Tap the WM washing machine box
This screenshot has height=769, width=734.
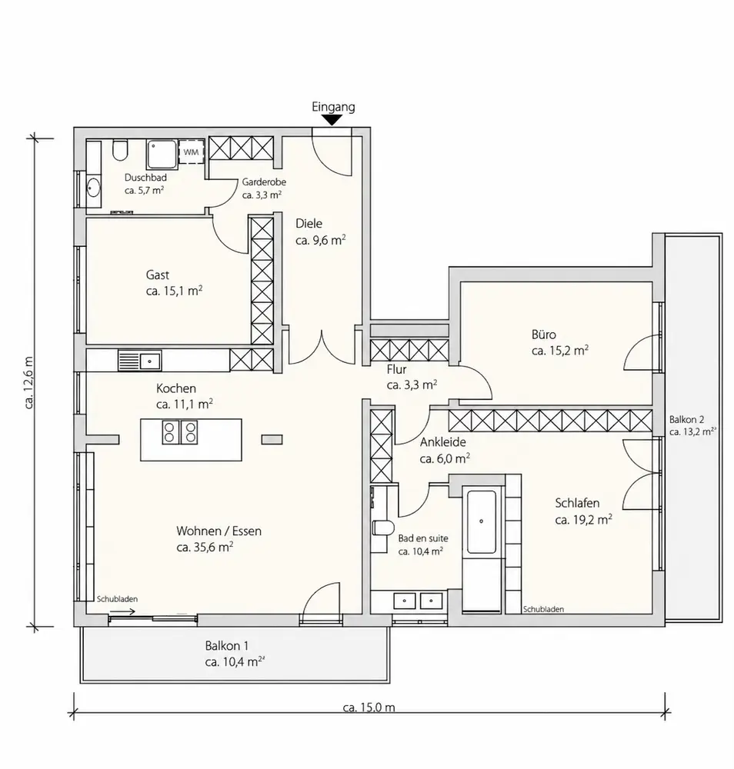191,152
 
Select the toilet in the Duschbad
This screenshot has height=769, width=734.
120,150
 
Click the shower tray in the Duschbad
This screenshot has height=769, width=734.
161,155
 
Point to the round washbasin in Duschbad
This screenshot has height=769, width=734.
93,188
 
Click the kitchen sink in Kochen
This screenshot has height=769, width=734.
139,361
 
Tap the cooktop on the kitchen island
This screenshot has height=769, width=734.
180,432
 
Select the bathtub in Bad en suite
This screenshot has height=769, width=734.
482,522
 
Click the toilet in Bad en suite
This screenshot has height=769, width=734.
384,528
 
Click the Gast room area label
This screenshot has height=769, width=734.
174,291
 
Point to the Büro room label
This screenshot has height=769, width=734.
544,335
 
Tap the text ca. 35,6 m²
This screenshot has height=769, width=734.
205,547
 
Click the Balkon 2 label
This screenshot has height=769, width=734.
686,419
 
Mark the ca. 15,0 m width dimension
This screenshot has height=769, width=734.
369,707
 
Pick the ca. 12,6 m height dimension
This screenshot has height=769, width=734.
29,382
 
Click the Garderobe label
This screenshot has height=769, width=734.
264,182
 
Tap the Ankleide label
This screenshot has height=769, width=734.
442,442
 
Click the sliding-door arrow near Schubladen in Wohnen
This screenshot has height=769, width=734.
122,611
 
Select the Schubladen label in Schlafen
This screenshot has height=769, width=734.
543,609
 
